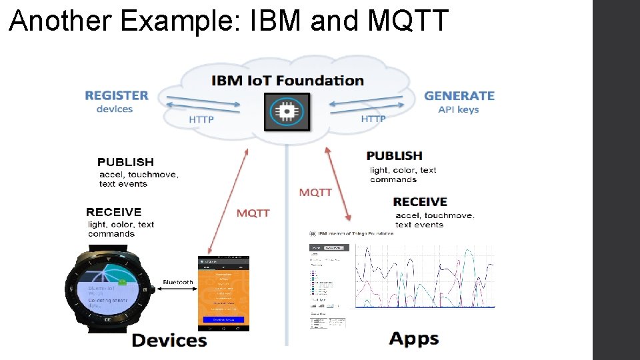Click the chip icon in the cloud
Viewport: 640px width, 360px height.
[287, 111]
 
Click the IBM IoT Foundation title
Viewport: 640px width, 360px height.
[287, 81]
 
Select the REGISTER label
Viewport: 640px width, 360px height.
[117, 95]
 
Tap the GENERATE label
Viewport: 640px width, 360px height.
[459, 95]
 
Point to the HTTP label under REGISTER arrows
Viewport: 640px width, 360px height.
[201, 120]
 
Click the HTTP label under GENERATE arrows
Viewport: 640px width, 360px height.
[373, 119]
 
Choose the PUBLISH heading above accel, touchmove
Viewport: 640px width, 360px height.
[125, 162]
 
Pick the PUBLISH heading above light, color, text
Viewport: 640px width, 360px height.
[395, 155]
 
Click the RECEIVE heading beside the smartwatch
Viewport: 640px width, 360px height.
[114, 212]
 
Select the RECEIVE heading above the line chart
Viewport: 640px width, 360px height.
[420, 201]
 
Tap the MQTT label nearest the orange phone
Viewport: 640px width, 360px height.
[253, 213]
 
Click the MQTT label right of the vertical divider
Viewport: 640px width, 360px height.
[315, 192]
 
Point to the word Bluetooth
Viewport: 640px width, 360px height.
[178, 282]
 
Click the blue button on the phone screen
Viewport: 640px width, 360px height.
[223, 320]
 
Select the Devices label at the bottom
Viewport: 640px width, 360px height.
[169, 340]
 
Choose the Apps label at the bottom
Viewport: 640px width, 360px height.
[414, 339]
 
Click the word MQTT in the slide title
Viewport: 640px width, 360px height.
[408, 20]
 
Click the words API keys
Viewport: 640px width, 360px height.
[459, 109]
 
